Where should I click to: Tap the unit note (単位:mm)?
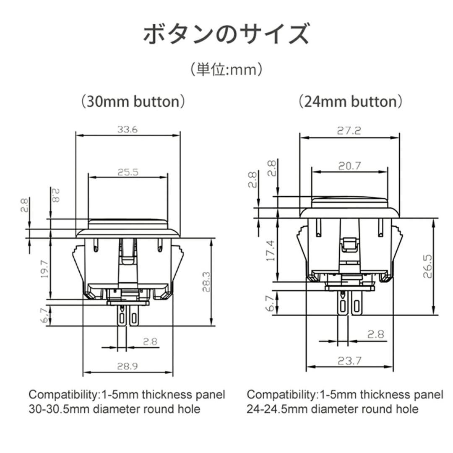(226, 69)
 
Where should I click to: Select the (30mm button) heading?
(133, 101)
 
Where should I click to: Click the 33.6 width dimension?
(128, 130)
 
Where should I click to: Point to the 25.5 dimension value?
(128, 172)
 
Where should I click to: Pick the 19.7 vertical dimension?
(45, 269)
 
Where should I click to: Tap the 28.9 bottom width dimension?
(128, 366)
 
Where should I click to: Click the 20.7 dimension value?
(349, 166)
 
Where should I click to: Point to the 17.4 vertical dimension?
(271, 250)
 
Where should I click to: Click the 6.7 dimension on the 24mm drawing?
(271, 303)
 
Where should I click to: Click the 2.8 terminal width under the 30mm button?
(149, 341)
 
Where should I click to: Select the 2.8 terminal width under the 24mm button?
(375, 334)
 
